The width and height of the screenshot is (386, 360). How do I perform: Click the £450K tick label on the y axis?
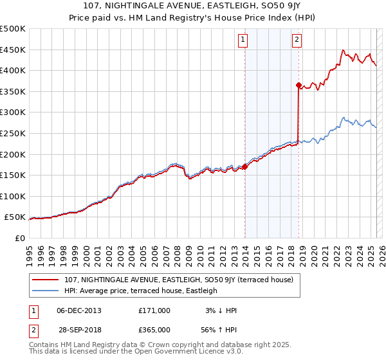13,50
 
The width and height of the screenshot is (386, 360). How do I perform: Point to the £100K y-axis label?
13,196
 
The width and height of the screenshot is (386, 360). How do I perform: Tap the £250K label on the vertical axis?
13,133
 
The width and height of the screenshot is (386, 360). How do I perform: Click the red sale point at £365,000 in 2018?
299,85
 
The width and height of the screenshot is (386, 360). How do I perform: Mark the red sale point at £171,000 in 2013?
244,166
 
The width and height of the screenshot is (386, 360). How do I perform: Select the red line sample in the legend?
46,280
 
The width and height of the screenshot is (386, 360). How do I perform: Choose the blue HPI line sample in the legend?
46,291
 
